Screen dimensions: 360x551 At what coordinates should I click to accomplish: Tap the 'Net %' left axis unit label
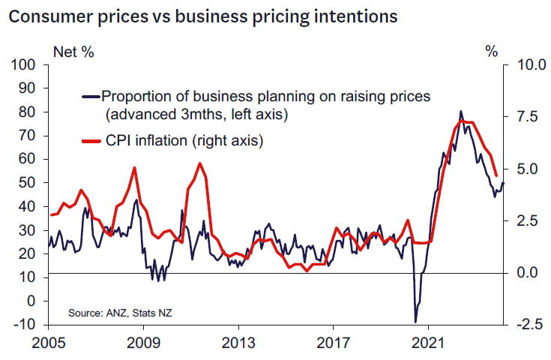[73, 52]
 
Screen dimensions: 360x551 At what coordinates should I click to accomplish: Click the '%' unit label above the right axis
[491, 52]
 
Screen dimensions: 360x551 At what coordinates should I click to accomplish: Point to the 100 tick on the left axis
[26, 65]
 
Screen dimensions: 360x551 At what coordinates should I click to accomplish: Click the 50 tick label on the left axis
[29, 183]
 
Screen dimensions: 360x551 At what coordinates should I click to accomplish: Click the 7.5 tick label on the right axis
[526, 118]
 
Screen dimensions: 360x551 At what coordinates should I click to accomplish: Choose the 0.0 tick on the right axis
[526, 273]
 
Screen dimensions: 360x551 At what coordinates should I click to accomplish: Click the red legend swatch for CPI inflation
[91, 141]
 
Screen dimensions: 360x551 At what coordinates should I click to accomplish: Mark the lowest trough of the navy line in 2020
[415, 322]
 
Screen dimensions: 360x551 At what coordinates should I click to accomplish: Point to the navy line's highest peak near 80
[460, 112]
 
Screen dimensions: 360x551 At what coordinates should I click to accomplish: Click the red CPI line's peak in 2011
[199, 163]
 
